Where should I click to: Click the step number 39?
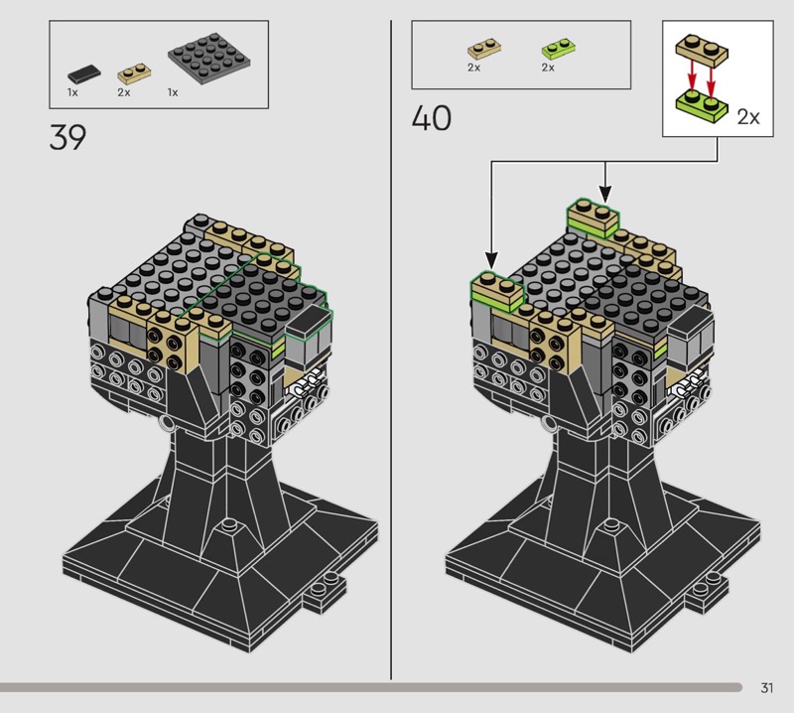pos(67,137)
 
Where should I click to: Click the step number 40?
pos(431,118)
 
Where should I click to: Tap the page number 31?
pos(766,687)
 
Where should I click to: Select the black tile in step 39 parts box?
pos(84,74)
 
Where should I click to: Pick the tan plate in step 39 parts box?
pos(134,73)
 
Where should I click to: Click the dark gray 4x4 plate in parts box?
pos(208,59)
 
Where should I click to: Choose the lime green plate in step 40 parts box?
pos(558,49)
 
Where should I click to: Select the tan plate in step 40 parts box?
pos(484,49)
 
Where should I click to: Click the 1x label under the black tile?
pos(72,92)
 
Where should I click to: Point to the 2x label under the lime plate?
pos(548,68)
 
